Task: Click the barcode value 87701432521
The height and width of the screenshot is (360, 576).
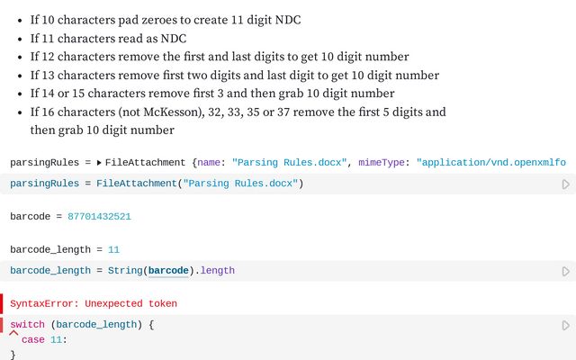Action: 100,217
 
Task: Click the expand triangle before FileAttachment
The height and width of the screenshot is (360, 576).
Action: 100,163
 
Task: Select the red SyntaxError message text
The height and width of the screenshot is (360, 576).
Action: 94,303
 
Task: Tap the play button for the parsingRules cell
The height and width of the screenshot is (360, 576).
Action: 565,184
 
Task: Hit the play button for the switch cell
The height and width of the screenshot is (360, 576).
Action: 565,325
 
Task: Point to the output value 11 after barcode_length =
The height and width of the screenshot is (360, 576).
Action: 113,249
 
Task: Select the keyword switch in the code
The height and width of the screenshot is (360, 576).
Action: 29,324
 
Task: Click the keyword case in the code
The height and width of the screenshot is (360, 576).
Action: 32,339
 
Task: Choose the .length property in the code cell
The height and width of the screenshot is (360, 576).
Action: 217,270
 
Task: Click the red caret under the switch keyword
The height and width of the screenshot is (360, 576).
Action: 13,333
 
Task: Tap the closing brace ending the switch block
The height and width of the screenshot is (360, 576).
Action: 13,355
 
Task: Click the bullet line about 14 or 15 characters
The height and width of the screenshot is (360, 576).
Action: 211,94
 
